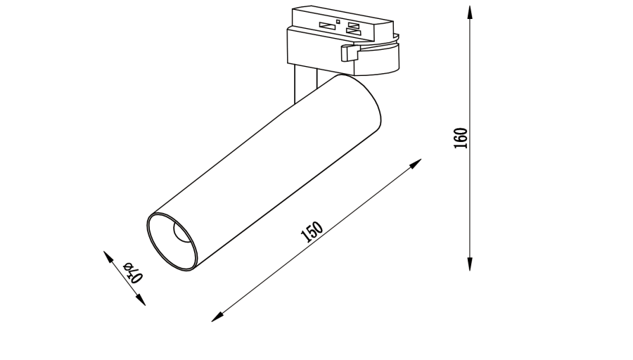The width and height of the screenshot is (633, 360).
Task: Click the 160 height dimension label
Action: click(461, 139)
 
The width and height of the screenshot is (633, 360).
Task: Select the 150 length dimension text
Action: click(312, 231)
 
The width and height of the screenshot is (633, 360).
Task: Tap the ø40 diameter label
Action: click(132, 271)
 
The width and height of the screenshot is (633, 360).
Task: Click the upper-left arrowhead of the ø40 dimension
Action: click(108, 255)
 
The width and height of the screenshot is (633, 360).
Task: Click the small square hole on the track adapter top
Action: click(338, 22)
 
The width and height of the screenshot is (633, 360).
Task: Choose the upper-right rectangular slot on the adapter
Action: click(353, 26)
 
